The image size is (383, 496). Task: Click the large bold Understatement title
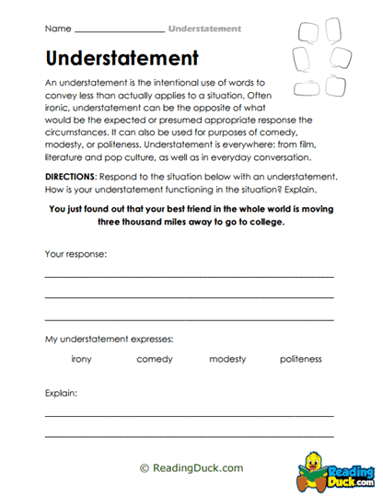point(122,59)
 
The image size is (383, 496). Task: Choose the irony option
point(81,359)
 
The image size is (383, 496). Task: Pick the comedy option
point(155,359)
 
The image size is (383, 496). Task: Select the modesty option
point(227,359)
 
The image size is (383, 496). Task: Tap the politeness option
point(301,359)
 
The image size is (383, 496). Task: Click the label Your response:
point(75,252)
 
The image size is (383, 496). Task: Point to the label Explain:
point(61,393)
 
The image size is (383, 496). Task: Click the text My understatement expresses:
point(109,339)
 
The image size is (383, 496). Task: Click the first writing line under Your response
point(190,275)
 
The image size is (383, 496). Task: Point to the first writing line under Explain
point(190,415)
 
